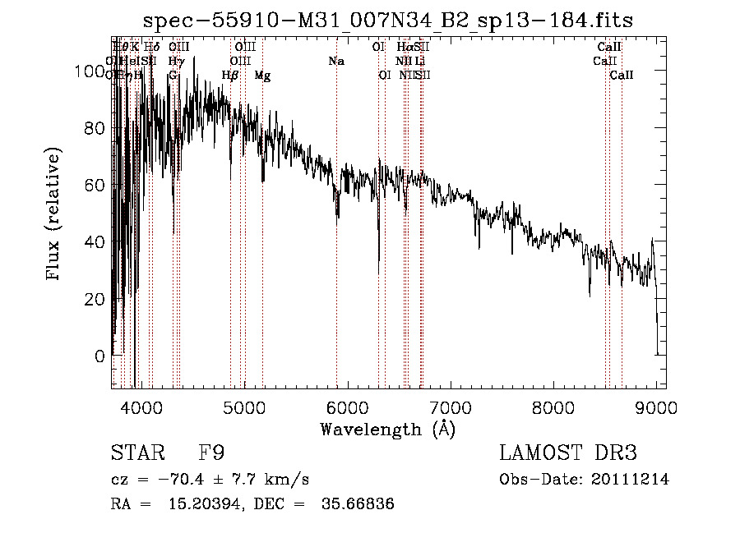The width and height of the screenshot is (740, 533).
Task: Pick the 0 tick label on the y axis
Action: [x=99, y=356]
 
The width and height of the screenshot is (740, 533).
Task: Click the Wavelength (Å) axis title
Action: [x=387, y=429]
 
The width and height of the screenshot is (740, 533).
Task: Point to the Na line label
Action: [x=335, y=61]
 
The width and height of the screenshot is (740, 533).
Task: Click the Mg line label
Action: [x=262, y=76]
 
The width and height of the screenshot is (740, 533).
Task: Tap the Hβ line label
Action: [x=230, y=76]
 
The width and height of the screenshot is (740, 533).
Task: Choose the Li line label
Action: [x=419, y=61]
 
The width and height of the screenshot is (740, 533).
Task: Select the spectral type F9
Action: [x=211, y=453]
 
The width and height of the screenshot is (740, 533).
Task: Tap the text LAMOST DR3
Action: [x=568, y=453]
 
